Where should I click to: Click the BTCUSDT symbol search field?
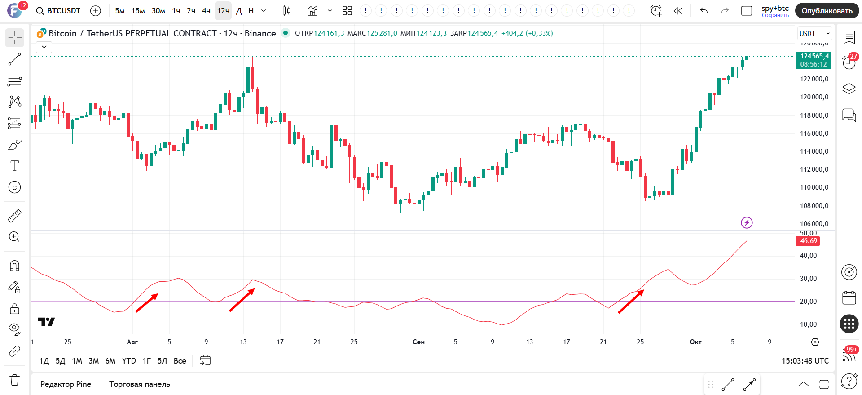pyautogui.click(x=59, y=11)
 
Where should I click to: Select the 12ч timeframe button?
pyautogui.click(x=223, y=11)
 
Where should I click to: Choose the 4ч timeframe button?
pyautogui.click(x=206, y=11)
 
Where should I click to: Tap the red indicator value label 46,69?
pyautogui.click(x=808, y=241)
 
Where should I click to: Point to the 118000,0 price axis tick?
pyautogui.click(x=814, y=115)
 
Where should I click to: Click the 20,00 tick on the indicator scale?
pyautogui.click(x=808, y=302)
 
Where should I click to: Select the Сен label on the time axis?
pyautogui.click(x=418, y=342)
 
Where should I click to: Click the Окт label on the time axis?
pyautogui.click(x=695, y=342)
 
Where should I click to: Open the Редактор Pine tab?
pyautogui.click(x=66, y=384)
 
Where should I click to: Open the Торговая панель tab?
pyautogui.click(x=140, y=384)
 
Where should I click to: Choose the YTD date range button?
pyautogui.click(x=129, y=361)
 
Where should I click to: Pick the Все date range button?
pyautogui.click(x=180, y=361)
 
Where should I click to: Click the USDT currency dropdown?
pyautogui.click(x=814, y=34)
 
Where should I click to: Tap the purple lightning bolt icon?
pyautogui.click(x=747, y=222)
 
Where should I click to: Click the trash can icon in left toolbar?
pyautogui.click(x=15, y=380)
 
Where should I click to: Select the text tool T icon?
pyautogui.click(x=15, y=166)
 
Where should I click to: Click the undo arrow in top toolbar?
pyautogui.click(x=704, y=11)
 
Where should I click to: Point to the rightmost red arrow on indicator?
pyautogui.click(x=631, y=302)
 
